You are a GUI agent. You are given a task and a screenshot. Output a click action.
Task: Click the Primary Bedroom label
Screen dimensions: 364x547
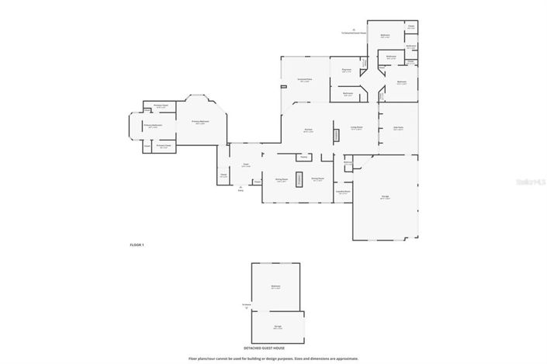pos(200,122)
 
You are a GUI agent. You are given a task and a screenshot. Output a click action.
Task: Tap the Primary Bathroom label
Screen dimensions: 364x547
pos(152,125)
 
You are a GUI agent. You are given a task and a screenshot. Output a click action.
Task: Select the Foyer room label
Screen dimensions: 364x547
pos(245,165)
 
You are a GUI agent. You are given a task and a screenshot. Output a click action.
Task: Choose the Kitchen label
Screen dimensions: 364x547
pos(308,130)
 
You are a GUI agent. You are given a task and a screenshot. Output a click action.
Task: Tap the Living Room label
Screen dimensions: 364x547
pos(357,128)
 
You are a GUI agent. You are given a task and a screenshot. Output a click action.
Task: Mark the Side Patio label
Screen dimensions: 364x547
pos(398,129)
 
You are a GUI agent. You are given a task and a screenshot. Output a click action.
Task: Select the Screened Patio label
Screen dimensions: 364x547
pos(304,80)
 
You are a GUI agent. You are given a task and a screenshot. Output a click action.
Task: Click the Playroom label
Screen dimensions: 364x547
pos(347,70)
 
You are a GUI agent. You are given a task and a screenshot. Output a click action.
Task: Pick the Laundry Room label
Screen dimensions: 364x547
pos(343,192)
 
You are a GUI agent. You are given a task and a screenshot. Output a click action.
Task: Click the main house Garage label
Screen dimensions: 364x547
pos(385,197)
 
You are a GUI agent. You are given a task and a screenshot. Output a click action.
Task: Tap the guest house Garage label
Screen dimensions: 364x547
pos(276,328)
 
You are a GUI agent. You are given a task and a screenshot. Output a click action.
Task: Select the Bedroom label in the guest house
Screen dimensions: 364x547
pos(275,287)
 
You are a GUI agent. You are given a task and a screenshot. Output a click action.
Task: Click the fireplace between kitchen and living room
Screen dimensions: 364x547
pos(335,135)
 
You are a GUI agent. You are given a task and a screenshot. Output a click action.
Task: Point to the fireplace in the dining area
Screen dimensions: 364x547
pos(299,177)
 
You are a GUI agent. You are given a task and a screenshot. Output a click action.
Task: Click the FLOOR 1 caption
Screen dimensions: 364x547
pos(137,244)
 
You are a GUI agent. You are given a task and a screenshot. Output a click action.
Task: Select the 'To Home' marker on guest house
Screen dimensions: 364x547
pos(246,306)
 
